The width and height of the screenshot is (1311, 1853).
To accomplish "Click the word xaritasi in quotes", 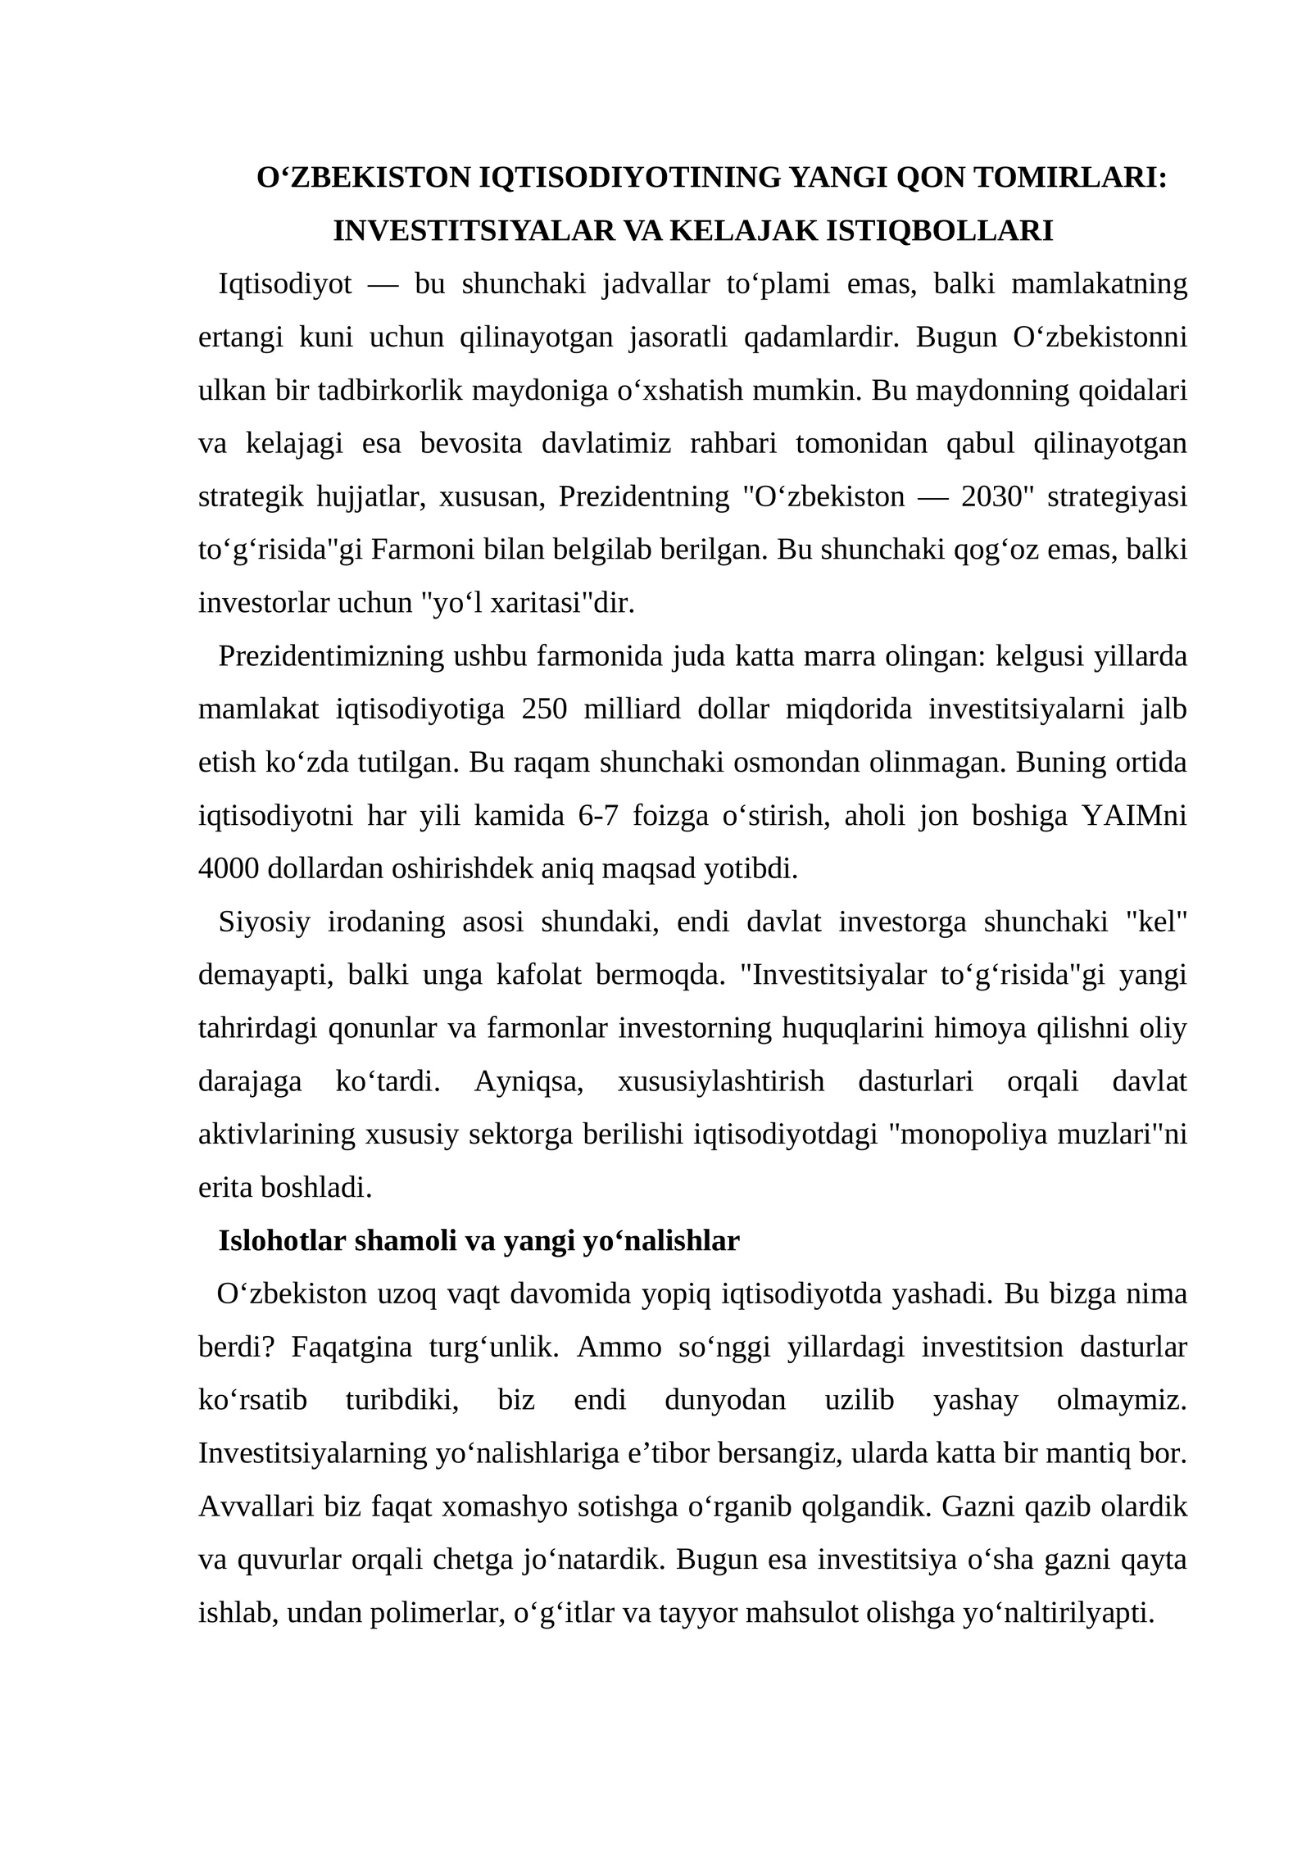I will pyautogui.click(x=547, y=603).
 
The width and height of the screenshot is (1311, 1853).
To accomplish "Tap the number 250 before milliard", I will pyautogui.click(x=543, y=709).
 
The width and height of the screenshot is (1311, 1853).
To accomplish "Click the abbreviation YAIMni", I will pyautogui.click(x=1134, y=815).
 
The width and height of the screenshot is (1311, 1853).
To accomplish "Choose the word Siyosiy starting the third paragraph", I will pyautogui.click(x=264, y=922).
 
